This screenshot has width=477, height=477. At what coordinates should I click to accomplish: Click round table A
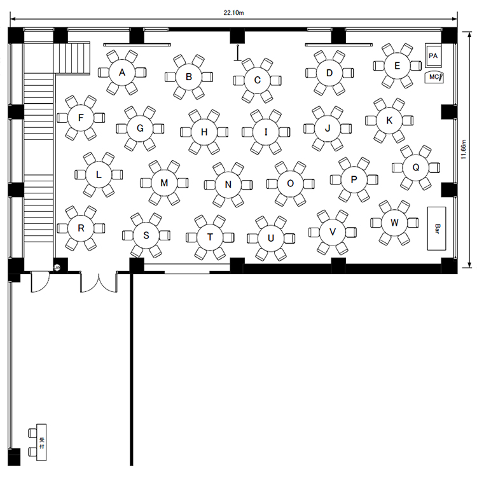[122, 73]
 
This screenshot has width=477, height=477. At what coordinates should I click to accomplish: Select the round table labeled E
[397, 66]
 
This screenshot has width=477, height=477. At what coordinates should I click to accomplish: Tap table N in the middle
[228, 184]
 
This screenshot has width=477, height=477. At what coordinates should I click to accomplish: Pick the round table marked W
[394, 223]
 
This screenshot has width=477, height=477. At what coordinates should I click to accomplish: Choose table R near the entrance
[81, 228]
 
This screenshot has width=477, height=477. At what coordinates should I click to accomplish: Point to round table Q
[416, 167]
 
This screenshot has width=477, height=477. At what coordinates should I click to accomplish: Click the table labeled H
[204, 132]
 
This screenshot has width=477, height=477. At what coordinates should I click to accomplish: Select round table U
[271, 238]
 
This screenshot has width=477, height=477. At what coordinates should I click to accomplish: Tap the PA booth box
[433, 56]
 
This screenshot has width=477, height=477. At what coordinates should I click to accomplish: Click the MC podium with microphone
[434, 77]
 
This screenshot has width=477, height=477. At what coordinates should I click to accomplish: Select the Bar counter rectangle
[436, 228]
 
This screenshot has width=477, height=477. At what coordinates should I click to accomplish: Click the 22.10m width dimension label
[233, 13]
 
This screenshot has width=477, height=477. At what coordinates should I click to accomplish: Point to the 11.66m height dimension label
[464, 149]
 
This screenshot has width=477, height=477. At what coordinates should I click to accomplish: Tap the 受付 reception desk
[41, 442]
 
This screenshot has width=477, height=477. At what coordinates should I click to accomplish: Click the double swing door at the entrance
[99, 283]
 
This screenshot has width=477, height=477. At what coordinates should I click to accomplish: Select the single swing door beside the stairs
[40, 282]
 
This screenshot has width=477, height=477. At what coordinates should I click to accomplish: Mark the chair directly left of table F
[62, 118]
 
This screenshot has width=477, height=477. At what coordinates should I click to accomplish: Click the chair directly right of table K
[408, 120]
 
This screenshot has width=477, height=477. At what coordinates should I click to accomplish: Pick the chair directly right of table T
[228, 237]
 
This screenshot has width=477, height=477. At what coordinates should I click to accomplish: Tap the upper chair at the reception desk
[32, 433]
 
